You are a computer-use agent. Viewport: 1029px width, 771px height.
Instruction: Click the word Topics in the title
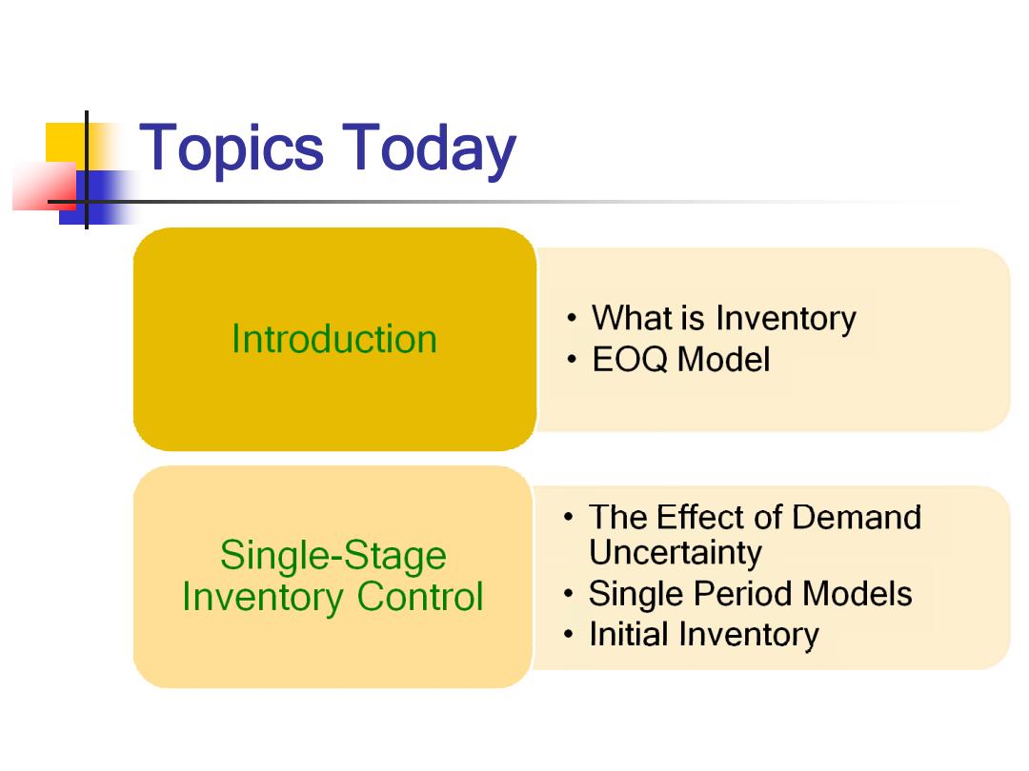(x=231, y=150)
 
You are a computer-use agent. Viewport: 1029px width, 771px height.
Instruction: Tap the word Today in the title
(x=429, y=150)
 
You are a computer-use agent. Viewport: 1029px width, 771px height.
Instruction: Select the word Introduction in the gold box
(x=334, y=339)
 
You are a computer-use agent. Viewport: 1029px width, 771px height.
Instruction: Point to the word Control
(x=420, y=597)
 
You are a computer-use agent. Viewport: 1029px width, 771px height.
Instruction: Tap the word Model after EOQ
(x=723, y=359)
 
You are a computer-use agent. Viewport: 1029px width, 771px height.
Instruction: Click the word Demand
(x=857, y=517)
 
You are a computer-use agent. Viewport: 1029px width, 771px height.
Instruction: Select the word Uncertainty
(x=676, y=553)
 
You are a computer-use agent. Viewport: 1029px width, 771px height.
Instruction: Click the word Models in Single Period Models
(x=857, y=593)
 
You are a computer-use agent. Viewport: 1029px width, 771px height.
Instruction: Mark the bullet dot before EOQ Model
(x=573, y=360)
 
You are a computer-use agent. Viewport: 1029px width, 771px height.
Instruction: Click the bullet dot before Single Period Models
(x=569, y=594)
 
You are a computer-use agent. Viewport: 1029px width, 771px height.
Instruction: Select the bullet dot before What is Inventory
(x=573, y=319)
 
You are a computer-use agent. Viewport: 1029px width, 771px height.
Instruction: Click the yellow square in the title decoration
(x=66, y=142)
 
